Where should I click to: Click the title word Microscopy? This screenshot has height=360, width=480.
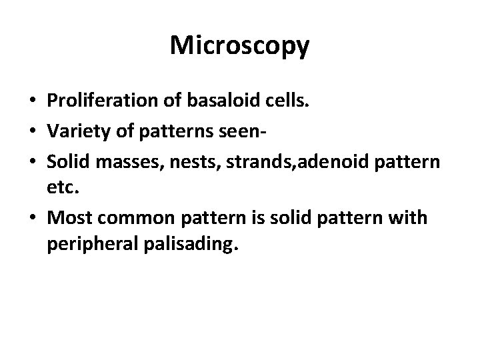pos(239,45)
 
